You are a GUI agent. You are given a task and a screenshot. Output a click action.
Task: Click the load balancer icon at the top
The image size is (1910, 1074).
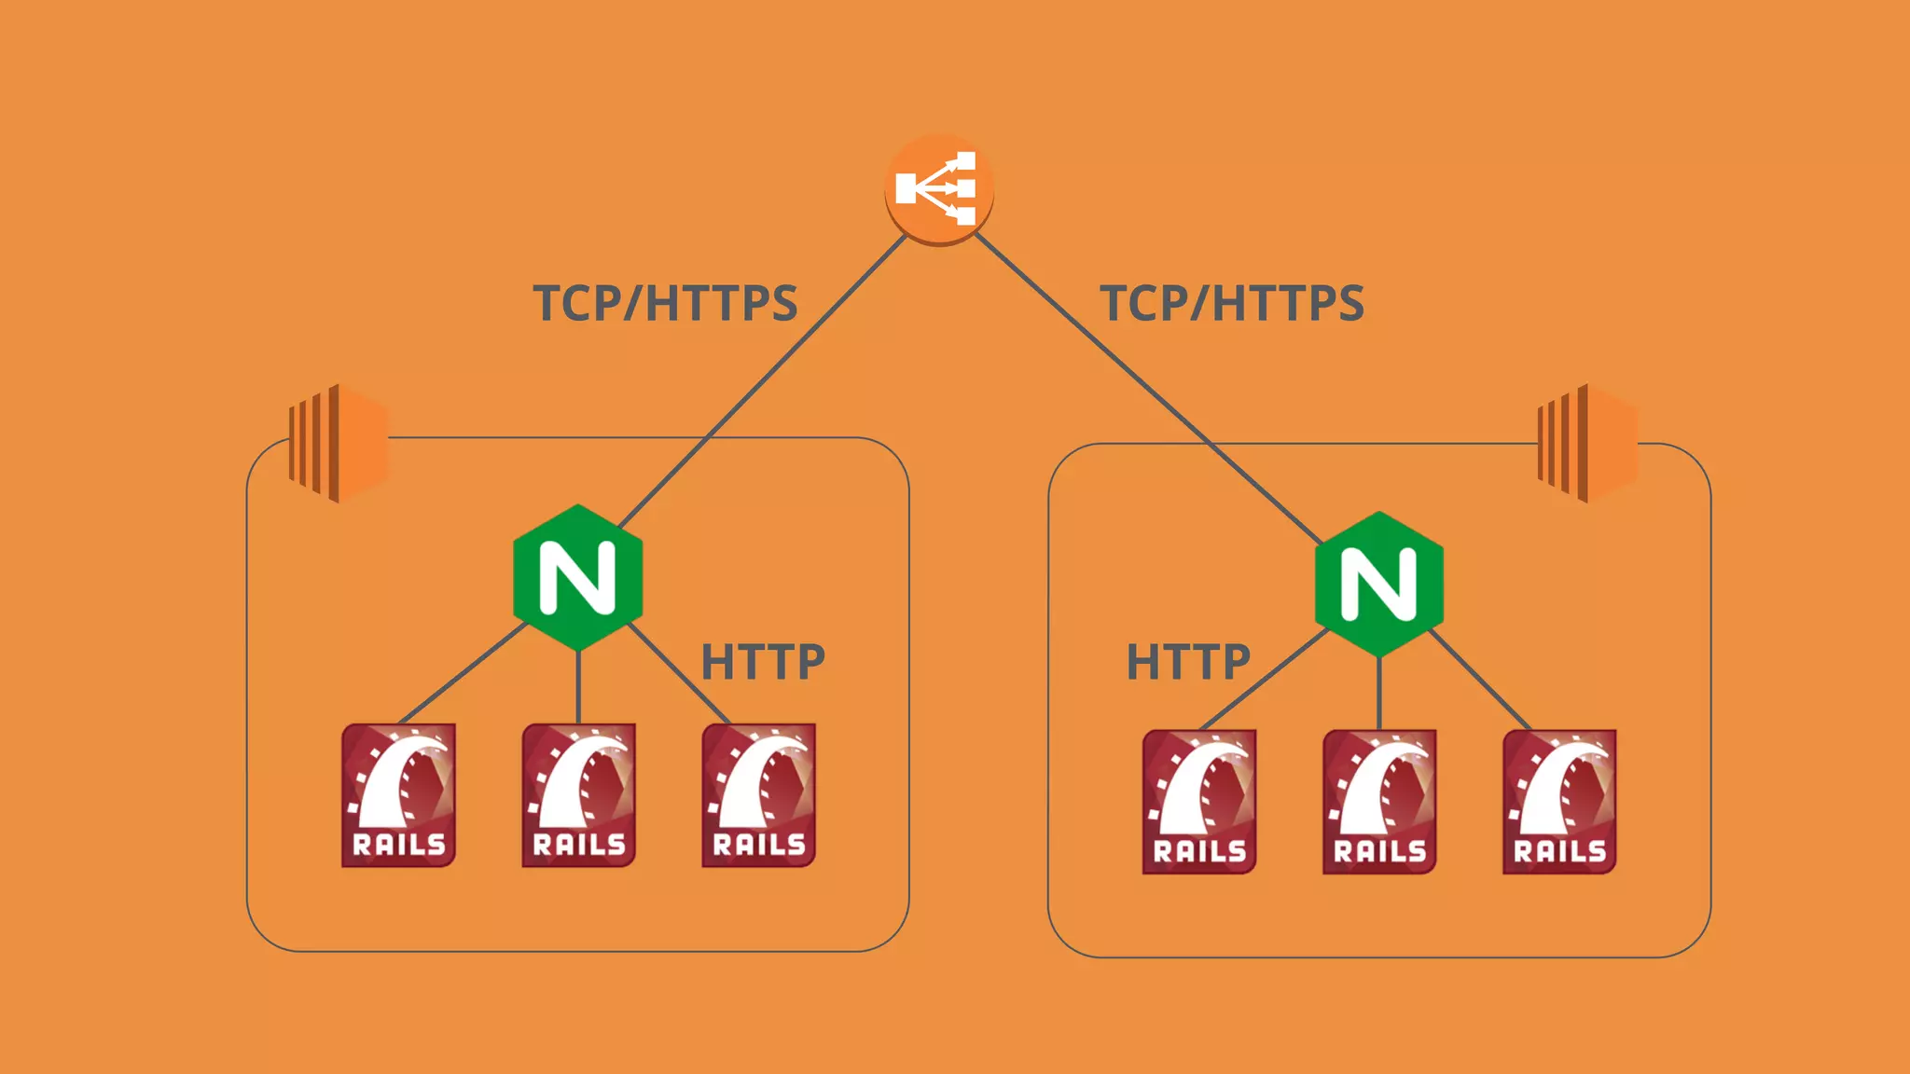pos(938,189)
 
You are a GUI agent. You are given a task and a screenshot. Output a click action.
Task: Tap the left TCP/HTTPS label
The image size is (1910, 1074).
pos(665,303)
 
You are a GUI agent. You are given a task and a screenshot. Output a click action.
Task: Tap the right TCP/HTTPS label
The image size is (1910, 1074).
pos(1231,303)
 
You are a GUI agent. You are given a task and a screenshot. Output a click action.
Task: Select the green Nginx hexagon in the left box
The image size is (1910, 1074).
pos(578,577)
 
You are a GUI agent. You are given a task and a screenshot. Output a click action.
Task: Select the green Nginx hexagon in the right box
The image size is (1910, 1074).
pos(1378,584)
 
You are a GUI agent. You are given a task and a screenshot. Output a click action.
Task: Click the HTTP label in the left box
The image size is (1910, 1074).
pos(763,662)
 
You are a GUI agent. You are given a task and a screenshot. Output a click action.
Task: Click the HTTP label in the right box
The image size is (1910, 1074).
pos(1188,662)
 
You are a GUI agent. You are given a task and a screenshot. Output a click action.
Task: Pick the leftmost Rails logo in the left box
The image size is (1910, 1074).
pos(398,794)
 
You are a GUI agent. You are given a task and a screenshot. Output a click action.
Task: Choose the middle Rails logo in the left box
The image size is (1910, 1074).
pos(578,794)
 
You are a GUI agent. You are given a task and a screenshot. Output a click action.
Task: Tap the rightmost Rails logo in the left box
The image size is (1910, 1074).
pos(758,794)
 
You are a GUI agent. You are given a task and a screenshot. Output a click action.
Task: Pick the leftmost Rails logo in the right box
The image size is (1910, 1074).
pos(1199,801)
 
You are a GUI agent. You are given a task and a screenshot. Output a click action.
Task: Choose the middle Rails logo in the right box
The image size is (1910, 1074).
pos(1379,801)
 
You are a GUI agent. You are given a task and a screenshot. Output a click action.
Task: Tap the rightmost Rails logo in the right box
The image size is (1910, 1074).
pos(1559,801)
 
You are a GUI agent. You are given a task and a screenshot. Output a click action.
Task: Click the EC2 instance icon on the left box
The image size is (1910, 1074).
pos(339,443)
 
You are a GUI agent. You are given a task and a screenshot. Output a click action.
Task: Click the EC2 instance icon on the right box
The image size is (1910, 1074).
pos(1587,443)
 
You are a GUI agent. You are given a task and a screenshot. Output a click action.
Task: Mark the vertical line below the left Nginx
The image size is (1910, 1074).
pos(578,687)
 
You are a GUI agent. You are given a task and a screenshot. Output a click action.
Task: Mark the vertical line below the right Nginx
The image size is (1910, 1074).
pos(1379,694)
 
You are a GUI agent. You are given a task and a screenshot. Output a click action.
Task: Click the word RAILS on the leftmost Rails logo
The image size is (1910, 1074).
pos(399,845)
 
